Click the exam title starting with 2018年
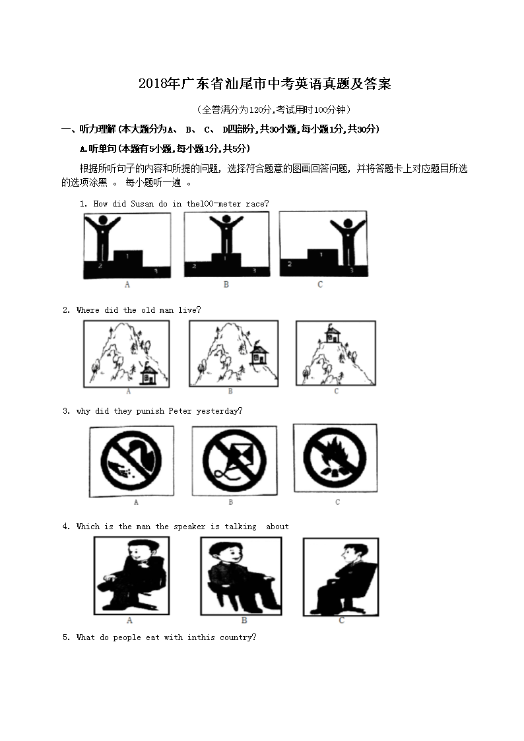coord(265,84)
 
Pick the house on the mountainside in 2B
coord(259,353)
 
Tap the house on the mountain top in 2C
coord(333,334)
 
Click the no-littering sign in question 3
coord(131,461)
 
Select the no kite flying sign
coord(234,461)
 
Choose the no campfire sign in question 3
coord(335,458)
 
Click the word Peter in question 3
coord(180,411)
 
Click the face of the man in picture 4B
coord(229,554)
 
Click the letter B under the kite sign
coord(230,502)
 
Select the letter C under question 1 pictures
coord(320,284)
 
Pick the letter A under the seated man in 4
coord(129,620)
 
